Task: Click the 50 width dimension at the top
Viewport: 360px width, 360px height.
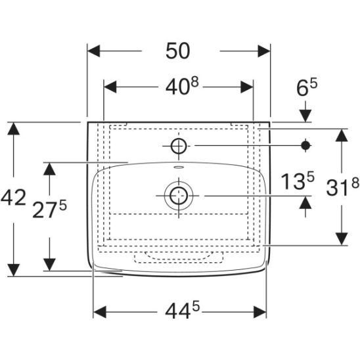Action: click(178, 51)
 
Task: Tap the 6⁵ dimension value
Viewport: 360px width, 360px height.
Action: click(307, 87)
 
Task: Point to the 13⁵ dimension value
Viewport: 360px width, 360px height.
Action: click(298, 181)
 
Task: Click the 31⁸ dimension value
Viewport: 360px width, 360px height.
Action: click(342, 187)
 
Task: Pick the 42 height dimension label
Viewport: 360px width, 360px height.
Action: click(13, 197)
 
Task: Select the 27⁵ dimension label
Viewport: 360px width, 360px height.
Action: click(49, 208)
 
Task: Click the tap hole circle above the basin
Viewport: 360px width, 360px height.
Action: click(179, 146)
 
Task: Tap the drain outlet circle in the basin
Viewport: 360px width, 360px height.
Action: click(179, 196)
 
